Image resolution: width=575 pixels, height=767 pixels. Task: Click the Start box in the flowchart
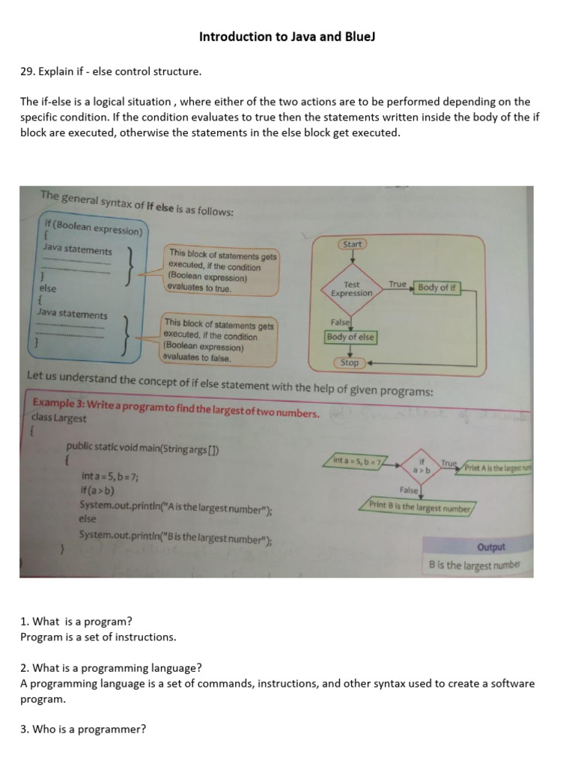coord(352,244)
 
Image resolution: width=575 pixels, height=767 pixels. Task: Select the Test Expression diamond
coord(351,289)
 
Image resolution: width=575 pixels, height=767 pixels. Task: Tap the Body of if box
coord(436,288)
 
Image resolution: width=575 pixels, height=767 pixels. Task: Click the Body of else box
coord(350,337)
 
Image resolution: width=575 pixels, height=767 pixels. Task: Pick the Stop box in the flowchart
coord(350,363)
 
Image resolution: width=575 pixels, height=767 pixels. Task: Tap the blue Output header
coord(490,548)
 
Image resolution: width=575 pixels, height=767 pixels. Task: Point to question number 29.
coord(26,72)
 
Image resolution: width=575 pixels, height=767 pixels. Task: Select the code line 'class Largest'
coord(59,418)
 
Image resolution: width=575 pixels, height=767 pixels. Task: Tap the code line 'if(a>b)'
coord(97,491)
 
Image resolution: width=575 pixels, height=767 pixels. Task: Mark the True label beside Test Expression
coord(397,285)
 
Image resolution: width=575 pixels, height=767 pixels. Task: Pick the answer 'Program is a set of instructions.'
coord(98,637)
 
